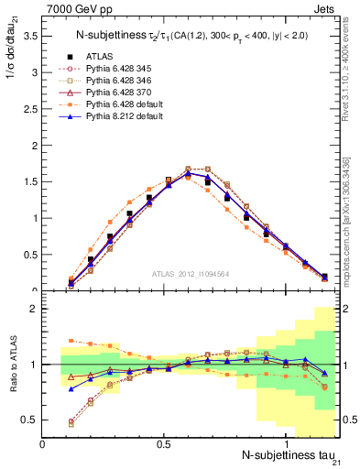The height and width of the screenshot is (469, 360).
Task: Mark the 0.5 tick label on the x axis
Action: [165, 442]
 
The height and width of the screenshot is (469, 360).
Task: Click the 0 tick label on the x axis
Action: [43, 442]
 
